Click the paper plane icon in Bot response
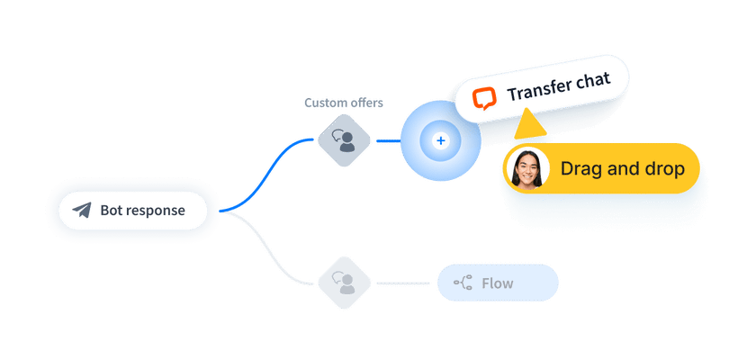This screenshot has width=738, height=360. (83, 211)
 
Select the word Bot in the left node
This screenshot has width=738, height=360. (111, 211)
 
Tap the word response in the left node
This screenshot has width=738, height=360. (155, 211)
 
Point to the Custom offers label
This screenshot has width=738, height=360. (343, 103)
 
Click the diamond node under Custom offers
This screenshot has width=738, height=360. (343, 140)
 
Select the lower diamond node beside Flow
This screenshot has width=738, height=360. (343, 283)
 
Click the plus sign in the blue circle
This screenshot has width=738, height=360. (440, 140)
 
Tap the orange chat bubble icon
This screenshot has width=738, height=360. (485, 96)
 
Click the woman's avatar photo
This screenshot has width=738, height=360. (528, 168)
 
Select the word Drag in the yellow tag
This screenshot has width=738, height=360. (580, 168)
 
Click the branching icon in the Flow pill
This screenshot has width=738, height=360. (463, 283)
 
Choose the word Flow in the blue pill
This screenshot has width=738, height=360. (498, 283)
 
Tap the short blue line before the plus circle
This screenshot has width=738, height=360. (387, 140)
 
